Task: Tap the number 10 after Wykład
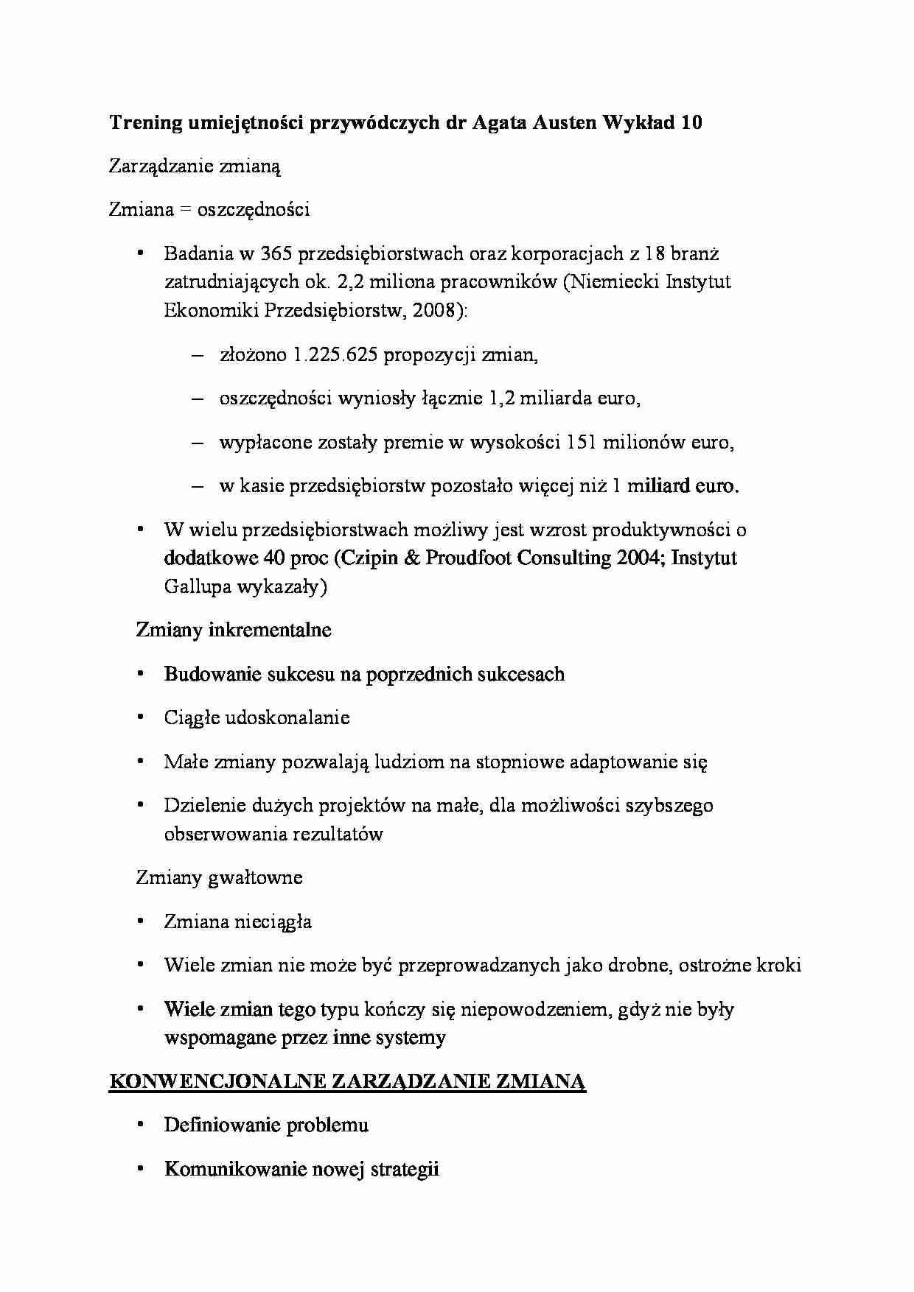(691, 123)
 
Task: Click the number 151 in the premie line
(582, 443)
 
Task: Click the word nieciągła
(273, 922)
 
